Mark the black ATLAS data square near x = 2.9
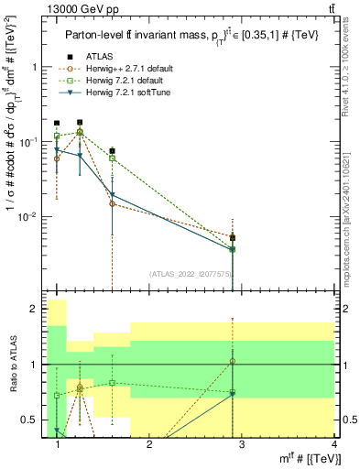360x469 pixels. [234, 237]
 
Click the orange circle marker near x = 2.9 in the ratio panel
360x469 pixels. [234, 361]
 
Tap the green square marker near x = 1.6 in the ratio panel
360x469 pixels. [112, 383]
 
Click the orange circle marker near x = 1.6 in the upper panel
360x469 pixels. [112, 203]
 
